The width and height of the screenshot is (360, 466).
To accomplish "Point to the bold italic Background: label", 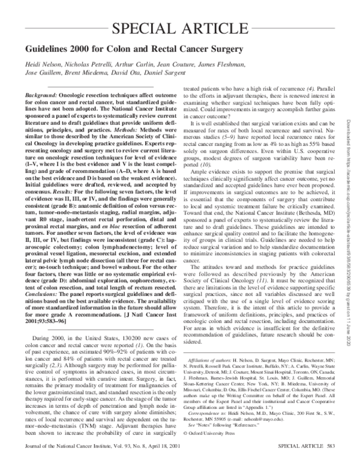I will pyautogui.click(x=46, y=96).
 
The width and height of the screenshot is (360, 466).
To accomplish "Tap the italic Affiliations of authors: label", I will pyautogui.click(x=212, y=357).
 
